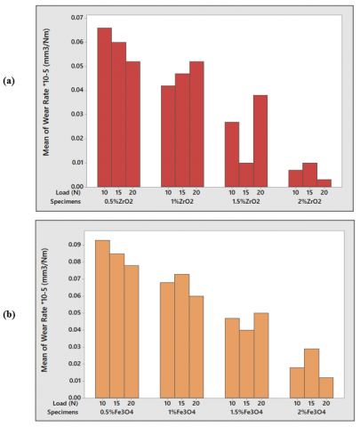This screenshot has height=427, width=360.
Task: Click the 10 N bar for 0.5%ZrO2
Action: pyautogui.click(x=105, y=108)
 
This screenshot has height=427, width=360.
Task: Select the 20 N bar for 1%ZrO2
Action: pyautogui.click(x=196, y=125)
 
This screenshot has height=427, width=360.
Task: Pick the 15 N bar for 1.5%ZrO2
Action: pyautogui.click(x=246, y=174)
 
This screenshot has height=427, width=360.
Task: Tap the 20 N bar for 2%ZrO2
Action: pyautogui.click(x=324, y=183)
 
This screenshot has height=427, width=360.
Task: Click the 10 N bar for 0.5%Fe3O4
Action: pyautogui.click(x=102, y=319)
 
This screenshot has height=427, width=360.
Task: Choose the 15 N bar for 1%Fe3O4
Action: pyautogui.click(x=182, y=336)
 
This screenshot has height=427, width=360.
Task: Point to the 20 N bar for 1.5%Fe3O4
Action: pyautogui.click(x=261, y=355)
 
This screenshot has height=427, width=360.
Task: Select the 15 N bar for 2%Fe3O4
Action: pyautogui.click(x=312, y=374)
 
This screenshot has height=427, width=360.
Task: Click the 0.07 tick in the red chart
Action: pyautogui.click(x=85, y=18)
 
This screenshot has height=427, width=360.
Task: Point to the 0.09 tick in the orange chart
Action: pyautogui.click(x=84, y=245)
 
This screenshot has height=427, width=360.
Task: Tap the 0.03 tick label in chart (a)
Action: pyautogui.click(x=77, y=115)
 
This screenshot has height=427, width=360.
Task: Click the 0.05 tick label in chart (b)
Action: pyautogui.click(x=75, y=313)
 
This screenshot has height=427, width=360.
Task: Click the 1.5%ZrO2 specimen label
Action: pyautogui.click(x=246, y=202)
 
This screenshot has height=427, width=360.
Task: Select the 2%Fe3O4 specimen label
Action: pyautogui.click(x=311, y=412)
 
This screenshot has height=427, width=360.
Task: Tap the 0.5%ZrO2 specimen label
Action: pyautogui.click(x=118, y=202)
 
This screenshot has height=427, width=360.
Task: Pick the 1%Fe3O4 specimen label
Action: pyautogui.click(x=181, y=412)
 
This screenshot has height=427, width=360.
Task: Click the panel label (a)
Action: pyautogui.click(x=9, y=81)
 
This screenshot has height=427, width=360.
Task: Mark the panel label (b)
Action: pyautogui.click(x=9, y=315)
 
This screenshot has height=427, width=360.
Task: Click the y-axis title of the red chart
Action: pyautogui.click(x=46, y=93)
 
